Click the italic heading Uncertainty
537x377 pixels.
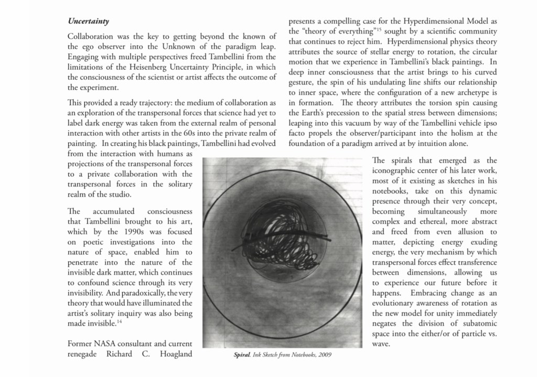88,21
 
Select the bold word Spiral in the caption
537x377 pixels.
242,354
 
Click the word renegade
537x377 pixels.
84,353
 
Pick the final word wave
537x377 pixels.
381,343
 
